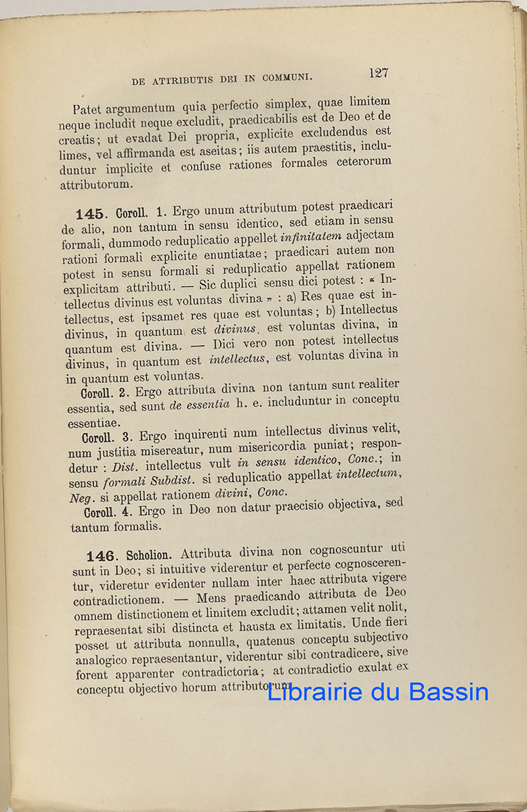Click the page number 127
coord(379,73)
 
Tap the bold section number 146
coord(100,556)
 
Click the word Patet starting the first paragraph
coord(87,109)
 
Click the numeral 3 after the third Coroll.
coord(127,437)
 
